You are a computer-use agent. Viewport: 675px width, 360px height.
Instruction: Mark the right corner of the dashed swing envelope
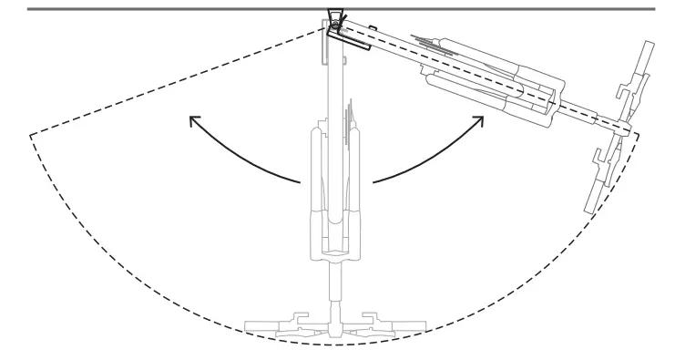638,133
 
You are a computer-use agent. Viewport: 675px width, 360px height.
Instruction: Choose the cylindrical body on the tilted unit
483,87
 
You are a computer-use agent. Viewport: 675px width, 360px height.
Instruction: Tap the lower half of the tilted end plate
601,178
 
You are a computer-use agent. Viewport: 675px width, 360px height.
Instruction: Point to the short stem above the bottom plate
335,292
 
